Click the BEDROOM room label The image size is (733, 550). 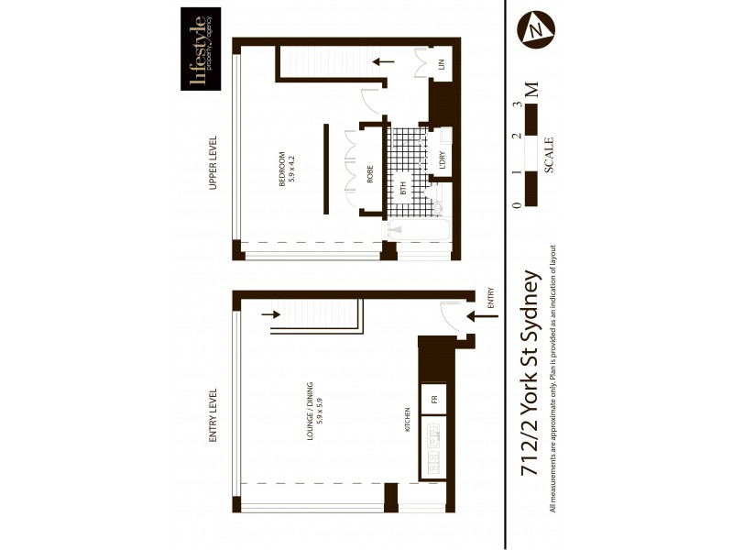287,168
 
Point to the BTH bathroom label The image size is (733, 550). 403,189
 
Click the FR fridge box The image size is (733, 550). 434,399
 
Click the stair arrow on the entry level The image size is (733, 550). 272,317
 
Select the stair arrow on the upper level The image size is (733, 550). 384,62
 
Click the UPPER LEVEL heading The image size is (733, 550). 213,163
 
